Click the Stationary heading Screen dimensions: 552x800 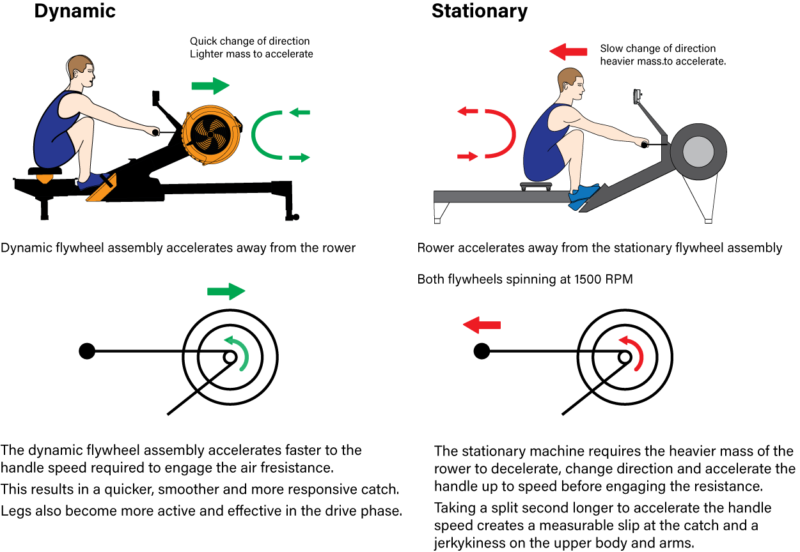(480, 11)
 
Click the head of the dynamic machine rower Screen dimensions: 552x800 (80, 72)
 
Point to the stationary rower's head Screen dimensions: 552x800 (571, 83)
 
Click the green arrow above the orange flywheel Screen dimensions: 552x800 (210, 85)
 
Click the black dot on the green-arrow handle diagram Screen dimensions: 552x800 (87, 351)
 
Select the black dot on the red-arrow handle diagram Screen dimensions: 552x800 (481, 351)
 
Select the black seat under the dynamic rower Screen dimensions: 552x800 (45, 171)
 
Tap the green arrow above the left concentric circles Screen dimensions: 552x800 (226, 291)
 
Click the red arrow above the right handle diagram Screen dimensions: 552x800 (482, 325)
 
